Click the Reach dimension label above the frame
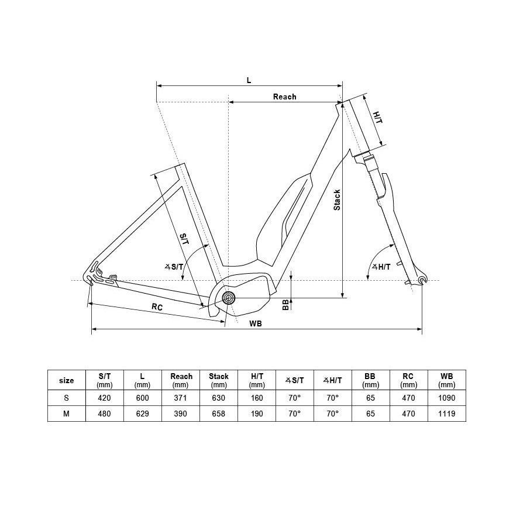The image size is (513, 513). pyautogui.click(x=284, y=97)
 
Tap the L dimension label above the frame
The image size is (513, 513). pyautogui.click(x=249, y=81)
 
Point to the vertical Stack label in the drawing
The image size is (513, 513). pyautogui.click(x=337, y=200)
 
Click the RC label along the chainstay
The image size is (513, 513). pyautogui.click(x=157, y=307)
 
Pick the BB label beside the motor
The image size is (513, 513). pyautogui.click(x=285, y=304)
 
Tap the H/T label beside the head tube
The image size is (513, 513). pyautogui.click(x=377, y=118)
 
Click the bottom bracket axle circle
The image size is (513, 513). pyautogui.click(x=228, y=298)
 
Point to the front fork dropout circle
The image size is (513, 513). pyautogui.click(x=423, y=282)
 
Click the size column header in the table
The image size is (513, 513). pyautogui.click(x=67, y=380)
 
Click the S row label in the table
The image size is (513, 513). pyautogui.click(x=67, y=398)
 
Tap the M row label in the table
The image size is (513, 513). pyautogui.click(x=67, y=414)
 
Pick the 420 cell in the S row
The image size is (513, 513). pyautogui.click(x=105, y=398)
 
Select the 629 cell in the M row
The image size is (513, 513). pyautogui.click(x=142, y=414)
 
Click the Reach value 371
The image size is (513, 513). pyautogui.click(x=181, y=398)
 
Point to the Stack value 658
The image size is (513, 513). pyautogui.click(x=219, y=414)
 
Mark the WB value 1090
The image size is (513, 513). pyautogui.click(x=446, y=398)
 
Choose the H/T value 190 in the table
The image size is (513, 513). pyautogui.click(x=257, y=414)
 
